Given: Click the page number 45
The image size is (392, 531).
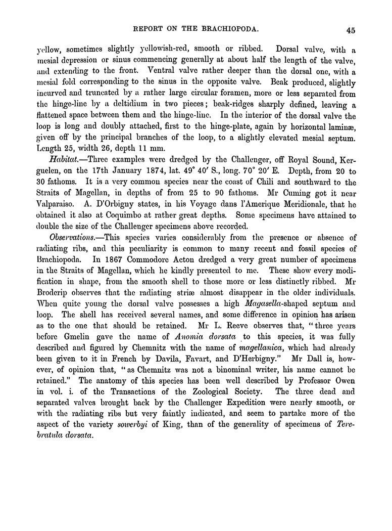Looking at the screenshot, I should [351, 30].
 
